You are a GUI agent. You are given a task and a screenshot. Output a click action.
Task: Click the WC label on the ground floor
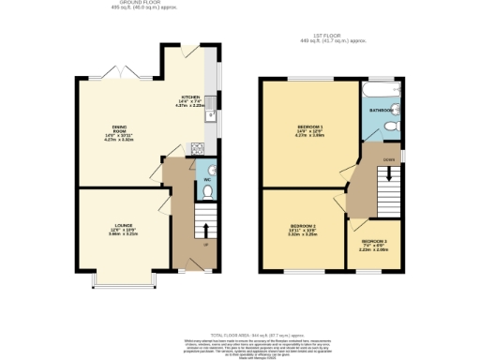tap(206, 177)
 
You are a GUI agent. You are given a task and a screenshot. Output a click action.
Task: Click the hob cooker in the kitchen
tap(198, 147)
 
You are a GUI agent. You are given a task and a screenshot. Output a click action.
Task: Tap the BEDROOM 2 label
tap(302, 227)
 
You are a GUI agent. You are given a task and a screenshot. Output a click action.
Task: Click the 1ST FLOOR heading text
tap(330, 36)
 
